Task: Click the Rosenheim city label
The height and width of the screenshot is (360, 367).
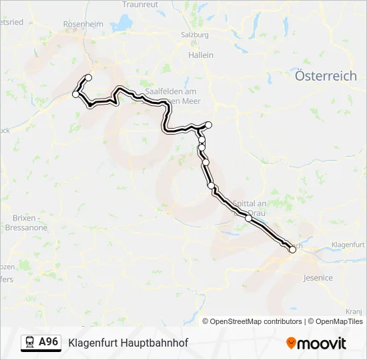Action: (83, 23)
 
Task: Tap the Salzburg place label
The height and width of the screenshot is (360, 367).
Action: (195, 35)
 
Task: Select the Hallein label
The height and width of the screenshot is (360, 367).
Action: (201, 55)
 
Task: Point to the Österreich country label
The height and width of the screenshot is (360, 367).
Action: (326, 76)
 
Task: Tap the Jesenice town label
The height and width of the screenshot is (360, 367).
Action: (318, 277)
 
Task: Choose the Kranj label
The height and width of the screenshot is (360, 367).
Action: (353, 311)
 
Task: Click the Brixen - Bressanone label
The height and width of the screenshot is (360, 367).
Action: (30, 223)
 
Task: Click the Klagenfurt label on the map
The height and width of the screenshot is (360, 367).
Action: (347, 245)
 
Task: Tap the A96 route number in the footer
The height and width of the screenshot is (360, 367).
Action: (49, 342)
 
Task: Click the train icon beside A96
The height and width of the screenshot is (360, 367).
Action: (30, 342)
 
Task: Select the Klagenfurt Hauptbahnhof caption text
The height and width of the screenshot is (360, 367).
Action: (128, 343)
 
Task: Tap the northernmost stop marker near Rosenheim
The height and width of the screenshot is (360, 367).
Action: (88, 78)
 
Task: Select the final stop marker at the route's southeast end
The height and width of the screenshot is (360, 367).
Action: (292, 250)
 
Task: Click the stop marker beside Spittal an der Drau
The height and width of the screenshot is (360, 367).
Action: (248, 218)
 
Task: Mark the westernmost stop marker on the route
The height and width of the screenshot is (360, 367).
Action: (75, 94)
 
